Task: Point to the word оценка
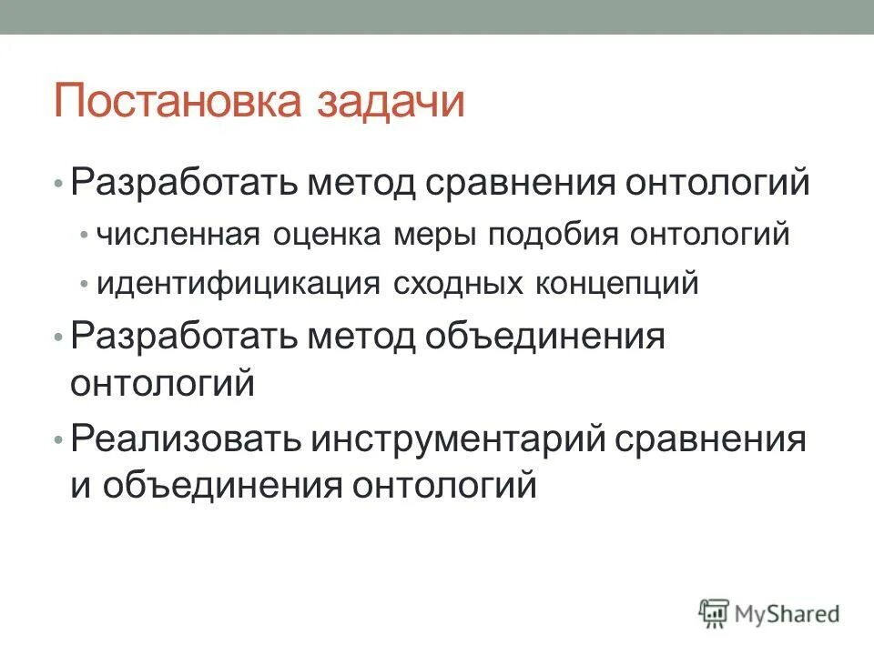pyautogui.click(x=327, y=235)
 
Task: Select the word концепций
pyautogui.click(x=620, y=284)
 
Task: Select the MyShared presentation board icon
pyautogui.click(x=715, y=612)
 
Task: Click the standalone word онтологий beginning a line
pyautogui.click(x=162, y=383)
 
